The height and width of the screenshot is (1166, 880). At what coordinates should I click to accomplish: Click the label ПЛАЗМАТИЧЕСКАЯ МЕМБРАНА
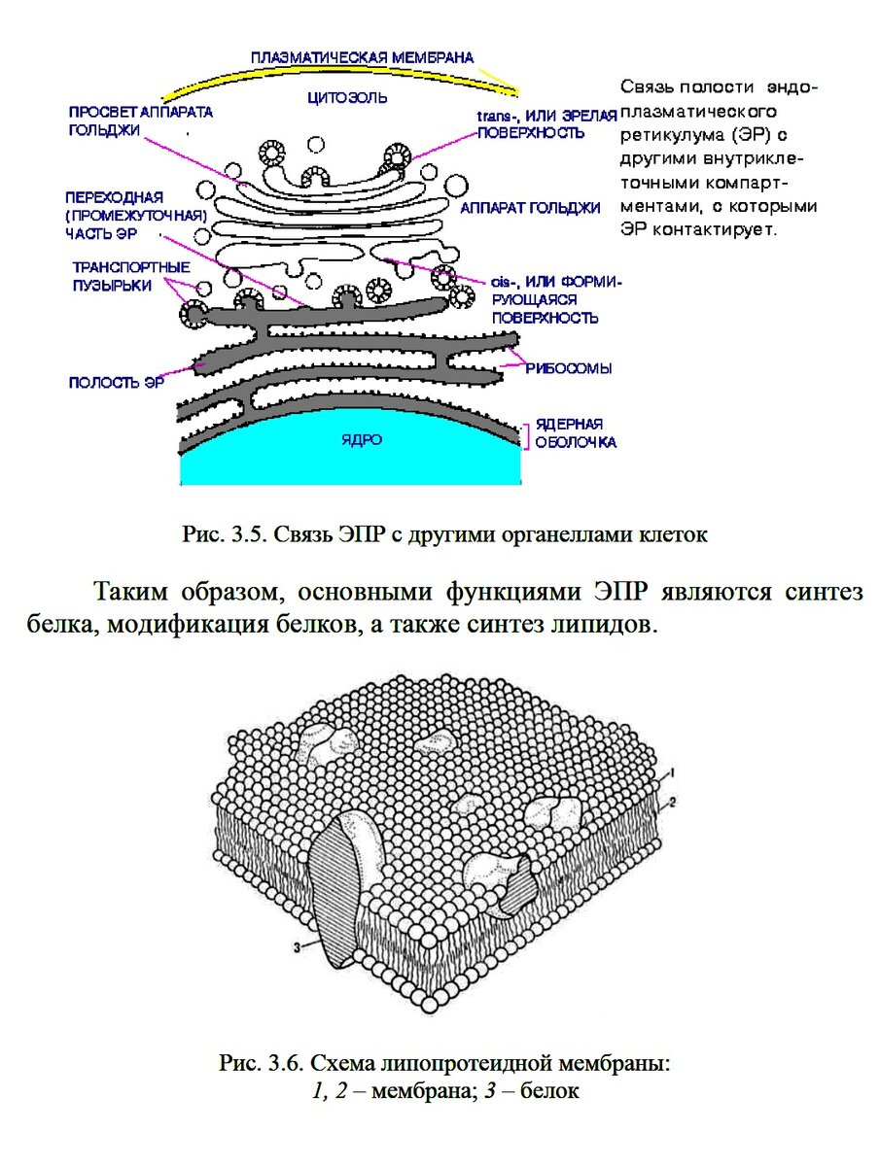point(362,57)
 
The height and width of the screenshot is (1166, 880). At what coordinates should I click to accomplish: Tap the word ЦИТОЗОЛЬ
point(347,97)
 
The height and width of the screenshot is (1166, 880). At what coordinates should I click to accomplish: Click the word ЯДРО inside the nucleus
point(361,440)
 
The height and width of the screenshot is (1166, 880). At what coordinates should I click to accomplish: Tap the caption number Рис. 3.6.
point(261,1064)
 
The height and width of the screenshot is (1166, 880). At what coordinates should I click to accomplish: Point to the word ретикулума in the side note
point(667,131)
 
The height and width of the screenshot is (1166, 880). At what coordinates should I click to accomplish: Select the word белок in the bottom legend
point(549,1091)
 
